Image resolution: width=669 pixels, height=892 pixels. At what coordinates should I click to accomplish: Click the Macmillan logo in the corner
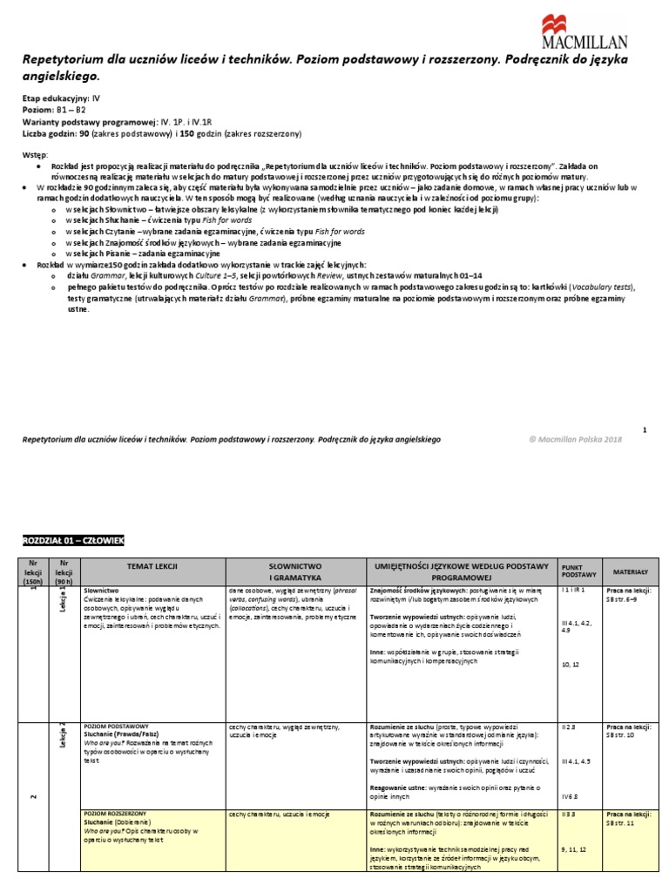pos(598,35)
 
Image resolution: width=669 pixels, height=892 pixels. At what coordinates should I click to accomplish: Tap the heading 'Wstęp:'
pos(37,153)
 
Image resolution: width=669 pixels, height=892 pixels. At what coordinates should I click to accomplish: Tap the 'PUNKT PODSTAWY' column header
pos(578,571)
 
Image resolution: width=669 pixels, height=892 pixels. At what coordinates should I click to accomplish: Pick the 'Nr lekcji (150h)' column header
pos(34,571)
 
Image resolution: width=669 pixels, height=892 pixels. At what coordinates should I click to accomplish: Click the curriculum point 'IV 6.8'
pos(571,795)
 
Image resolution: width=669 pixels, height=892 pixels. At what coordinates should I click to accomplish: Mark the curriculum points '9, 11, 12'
pos(576,848)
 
